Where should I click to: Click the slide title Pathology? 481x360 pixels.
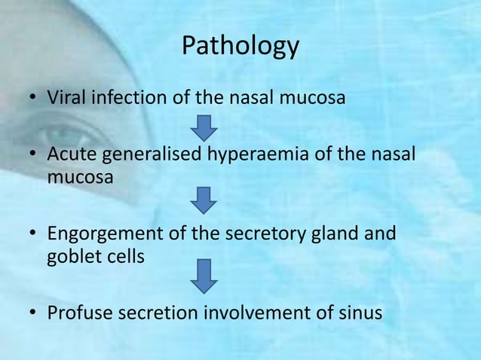click(240, 47)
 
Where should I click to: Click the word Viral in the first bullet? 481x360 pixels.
click(65, 98)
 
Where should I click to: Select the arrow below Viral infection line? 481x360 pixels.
click(204, 127)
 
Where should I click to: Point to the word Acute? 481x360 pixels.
click(69, 155)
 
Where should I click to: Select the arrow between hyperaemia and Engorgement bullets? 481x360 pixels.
click(204, 200)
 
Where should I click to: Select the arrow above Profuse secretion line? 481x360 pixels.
click(204, 276)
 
